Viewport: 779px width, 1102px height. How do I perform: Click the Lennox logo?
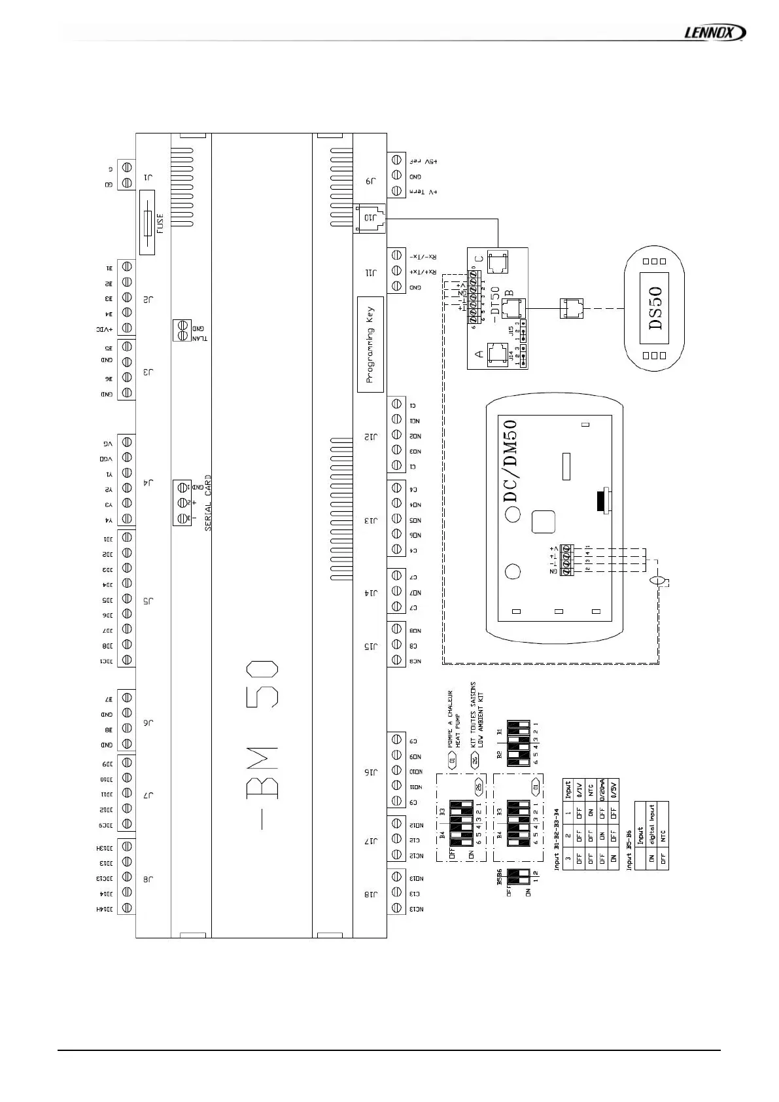pyautogui.click(x=714, y=32)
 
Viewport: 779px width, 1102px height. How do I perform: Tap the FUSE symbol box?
pyautogui.click(x=148, y=222)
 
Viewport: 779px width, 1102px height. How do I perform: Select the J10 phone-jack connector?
pyautogui.click(x=369, y=218)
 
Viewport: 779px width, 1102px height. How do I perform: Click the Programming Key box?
pyautogui.click(x=370, y=344)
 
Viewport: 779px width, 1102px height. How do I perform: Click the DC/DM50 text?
pyautogui.click(x=510, y=461)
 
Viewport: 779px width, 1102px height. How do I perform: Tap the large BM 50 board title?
pyautogui.click(x=262, y=746)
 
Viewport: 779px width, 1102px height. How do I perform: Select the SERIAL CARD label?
pyautogui.click(x=209, y=503)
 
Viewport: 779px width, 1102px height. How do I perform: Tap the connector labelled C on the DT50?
pyautogui.click(x=498, y=262)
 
